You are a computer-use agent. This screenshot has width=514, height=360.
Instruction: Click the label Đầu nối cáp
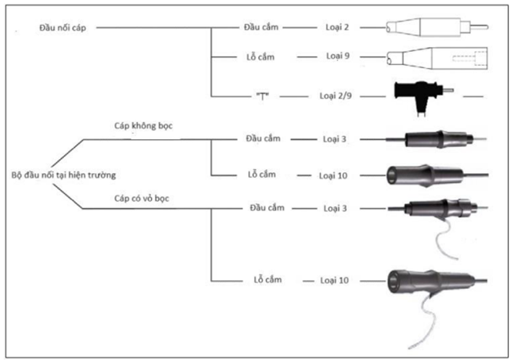click(x=64, y=27)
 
